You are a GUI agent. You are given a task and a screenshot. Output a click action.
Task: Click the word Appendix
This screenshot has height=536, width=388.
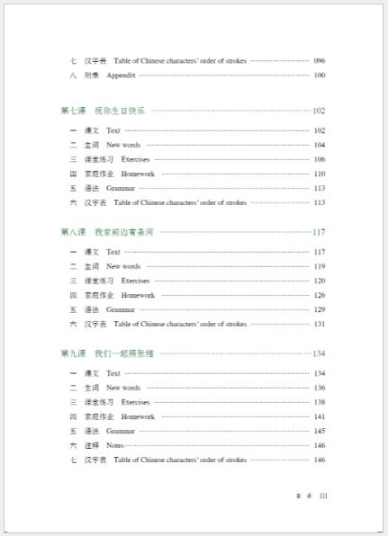click(121, 75)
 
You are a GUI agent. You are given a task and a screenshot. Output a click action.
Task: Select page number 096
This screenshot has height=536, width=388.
click(320, 60)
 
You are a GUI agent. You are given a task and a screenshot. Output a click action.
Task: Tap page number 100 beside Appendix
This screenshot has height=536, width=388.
click(320, 75)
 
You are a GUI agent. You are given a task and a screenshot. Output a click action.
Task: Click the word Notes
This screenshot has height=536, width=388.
click(114, 445)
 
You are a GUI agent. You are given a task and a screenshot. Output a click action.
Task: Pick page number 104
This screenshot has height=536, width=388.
click(320, 145)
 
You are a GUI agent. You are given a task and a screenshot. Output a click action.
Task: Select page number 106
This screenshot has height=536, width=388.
click(320, 159)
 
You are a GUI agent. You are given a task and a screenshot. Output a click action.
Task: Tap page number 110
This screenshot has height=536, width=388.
click(320, 174)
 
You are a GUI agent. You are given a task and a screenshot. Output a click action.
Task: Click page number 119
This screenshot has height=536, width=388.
click(320, 266)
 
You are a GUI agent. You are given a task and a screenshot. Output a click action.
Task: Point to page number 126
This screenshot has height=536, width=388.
click(320, 295)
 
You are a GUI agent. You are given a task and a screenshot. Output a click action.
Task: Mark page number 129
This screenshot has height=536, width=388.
click(320, 309)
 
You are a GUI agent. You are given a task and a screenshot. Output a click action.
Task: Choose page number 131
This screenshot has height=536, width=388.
click(320, 324)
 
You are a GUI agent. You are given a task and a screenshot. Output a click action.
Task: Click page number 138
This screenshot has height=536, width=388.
click(320, 402)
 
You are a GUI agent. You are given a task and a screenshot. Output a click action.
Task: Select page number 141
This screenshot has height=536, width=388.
click(320, 416)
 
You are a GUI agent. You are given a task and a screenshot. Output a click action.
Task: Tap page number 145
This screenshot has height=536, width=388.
click(320, 431)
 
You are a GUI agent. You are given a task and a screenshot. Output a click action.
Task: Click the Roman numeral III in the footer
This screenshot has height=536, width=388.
click(324, 496)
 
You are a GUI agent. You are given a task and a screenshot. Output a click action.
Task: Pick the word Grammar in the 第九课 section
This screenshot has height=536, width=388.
click(121, 431)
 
